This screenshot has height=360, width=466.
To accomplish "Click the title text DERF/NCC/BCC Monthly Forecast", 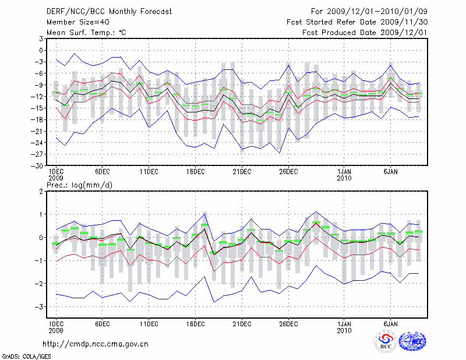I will click(x=101, y=12).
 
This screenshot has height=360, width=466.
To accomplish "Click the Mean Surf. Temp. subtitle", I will click(x=86, y=33).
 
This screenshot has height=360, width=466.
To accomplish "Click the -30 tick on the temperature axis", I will click(x=38, y=165).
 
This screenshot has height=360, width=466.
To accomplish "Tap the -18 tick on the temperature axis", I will click(x=38, y=119).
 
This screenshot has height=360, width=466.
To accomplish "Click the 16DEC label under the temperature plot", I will click(x=195, y=171).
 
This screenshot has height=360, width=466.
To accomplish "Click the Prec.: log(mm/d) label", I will click(x=77, y=185).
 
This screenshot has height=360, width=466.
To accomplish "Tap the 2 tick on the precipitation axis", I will click(x=41, y=191).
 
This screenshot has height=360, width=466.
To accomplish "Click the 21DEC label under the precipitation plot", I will click(x=242, y=324).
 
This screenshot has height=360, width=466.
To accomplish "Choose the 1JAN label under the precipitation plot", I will click(x=344, y=324).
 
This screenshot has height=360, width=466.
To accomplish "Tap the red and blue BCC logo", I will click(x=385, y=341).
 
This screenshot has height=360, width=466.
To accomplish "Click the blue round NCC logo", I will click(x=412, y=341).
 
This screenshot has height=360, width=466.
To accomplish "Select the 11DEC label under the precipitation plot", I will click(x=149, y=324).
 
